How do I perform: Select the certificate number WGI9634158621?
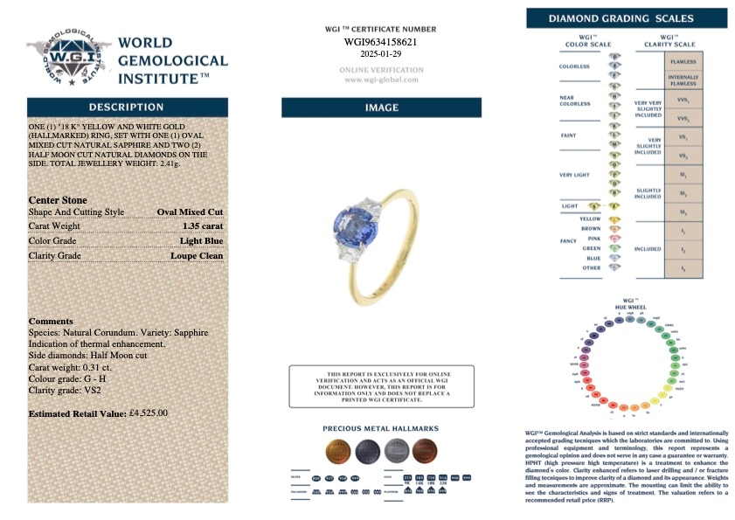click(380, 41)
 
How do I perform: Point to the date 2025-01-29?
click(380, 53)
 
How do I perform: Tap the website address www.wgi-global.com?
click(380, 80)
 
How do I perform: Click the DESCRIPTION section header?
click(127, 107)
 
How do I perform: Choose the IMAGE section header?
click(381, 107)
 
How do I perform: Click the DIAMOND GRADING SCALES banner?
click(627, 18)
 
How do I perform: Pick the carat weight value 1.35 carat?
click(203, 226)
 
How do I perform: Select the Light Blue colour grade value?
click(201, 241)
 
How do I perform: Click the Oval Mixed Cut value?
click(190, 211)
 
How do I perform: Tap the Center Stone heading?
click(58, 200)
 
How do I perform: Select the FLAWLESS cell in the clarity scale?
click(683, 63)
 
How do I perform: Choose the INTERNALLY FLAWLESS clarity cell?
click(683, 81)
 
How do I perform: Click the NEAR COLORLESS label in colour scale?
click(574, 101)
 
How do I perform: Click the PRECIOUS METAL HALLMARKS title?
click(381, 429)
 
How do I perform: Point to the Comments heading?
click(51, 321)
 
